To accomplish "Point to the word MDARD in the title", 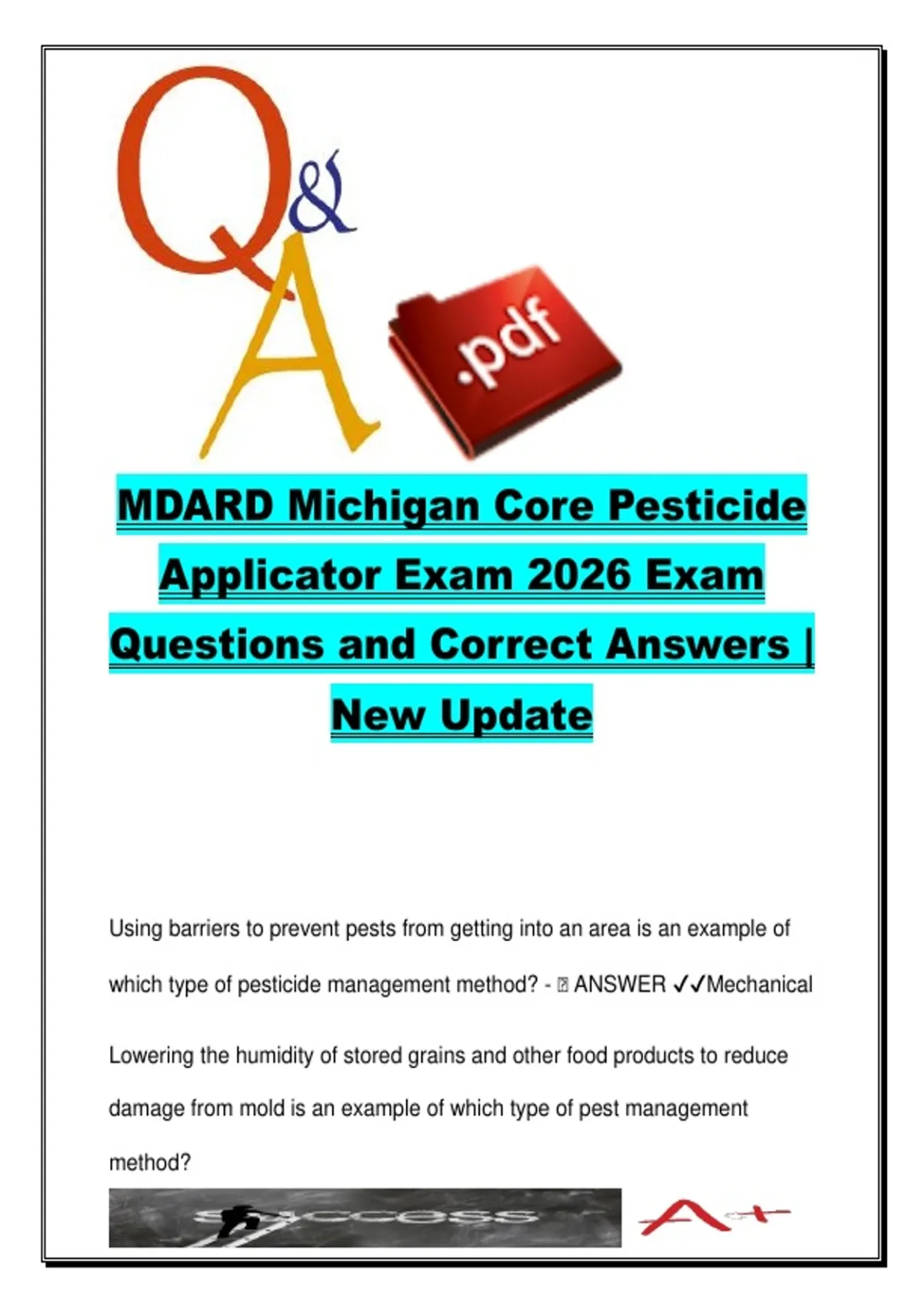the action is point(195,505).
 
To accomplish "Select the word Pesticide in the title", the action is point(706,505).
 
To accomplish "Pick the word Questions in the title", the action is point(216,645).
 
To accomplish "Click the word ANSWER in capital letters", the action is point(620,985).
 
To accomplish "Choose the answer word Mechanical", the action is point(759,985).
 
